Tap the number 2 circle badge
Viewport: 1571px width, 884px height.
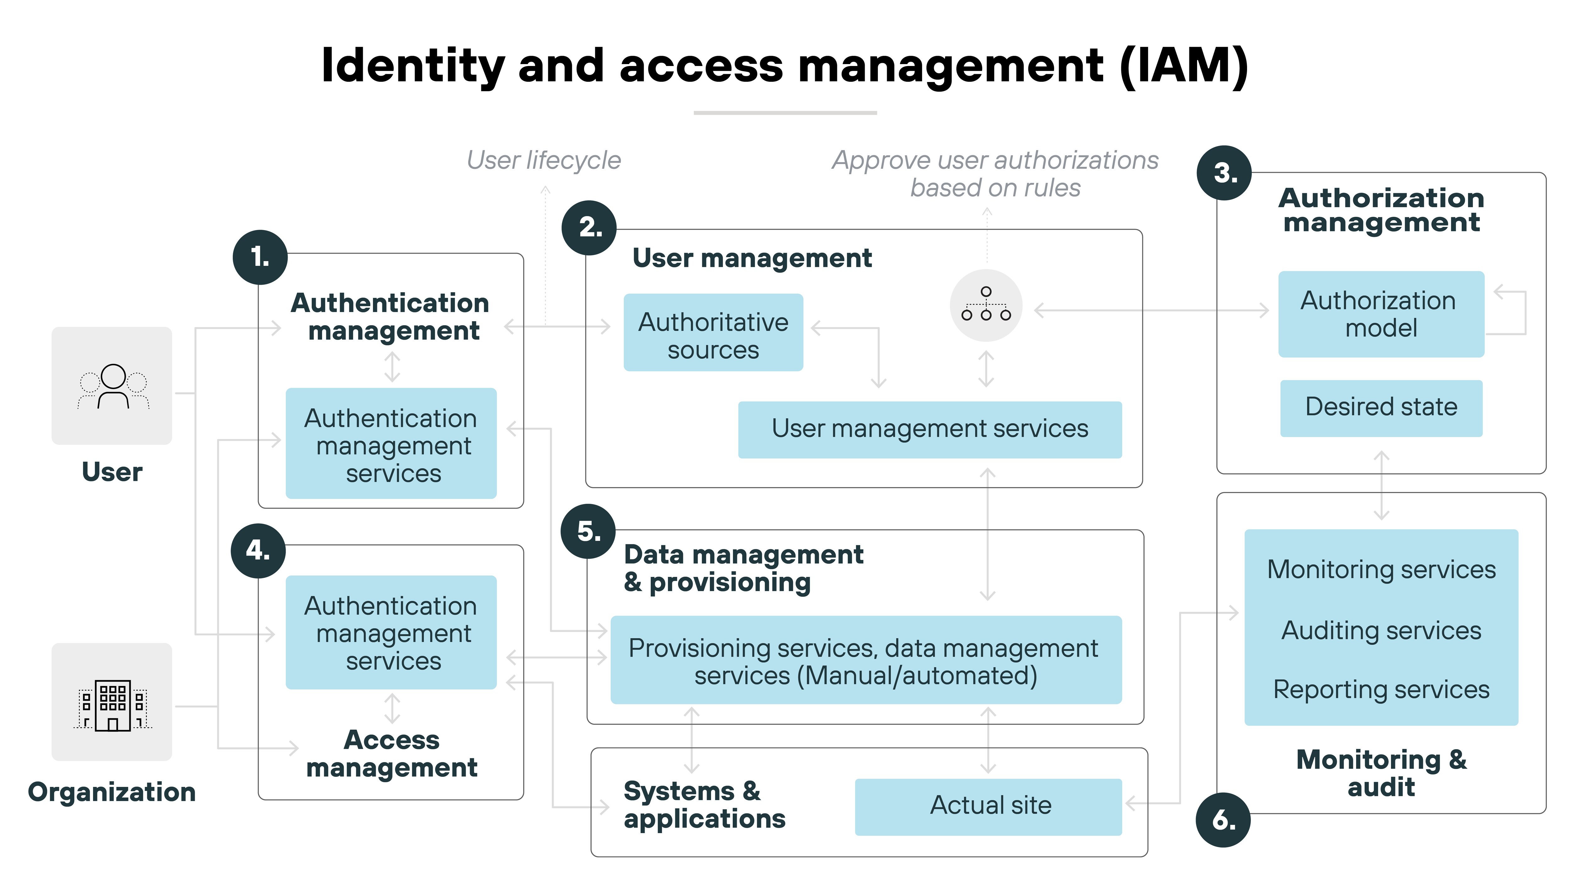[589, 228]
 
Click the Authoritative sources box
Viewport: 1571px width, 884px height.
[713, 332]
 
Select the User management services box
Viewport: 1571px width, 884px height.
[929, 429]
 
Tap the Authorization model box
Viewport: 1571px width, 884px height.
[1381, 314]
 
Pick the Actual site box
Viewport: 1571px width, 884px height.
[988, 806]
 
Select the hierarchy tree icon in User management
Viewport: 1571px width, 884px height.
[986, 305]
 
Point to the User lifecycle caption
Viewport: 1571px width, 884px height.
[543, 161]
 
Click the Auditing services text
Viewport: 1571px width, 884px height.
[1381, 630]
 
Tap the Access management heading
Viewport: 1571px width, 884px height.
[391, 754]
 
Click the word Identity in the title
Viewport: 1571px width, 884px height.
[413, 66]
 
